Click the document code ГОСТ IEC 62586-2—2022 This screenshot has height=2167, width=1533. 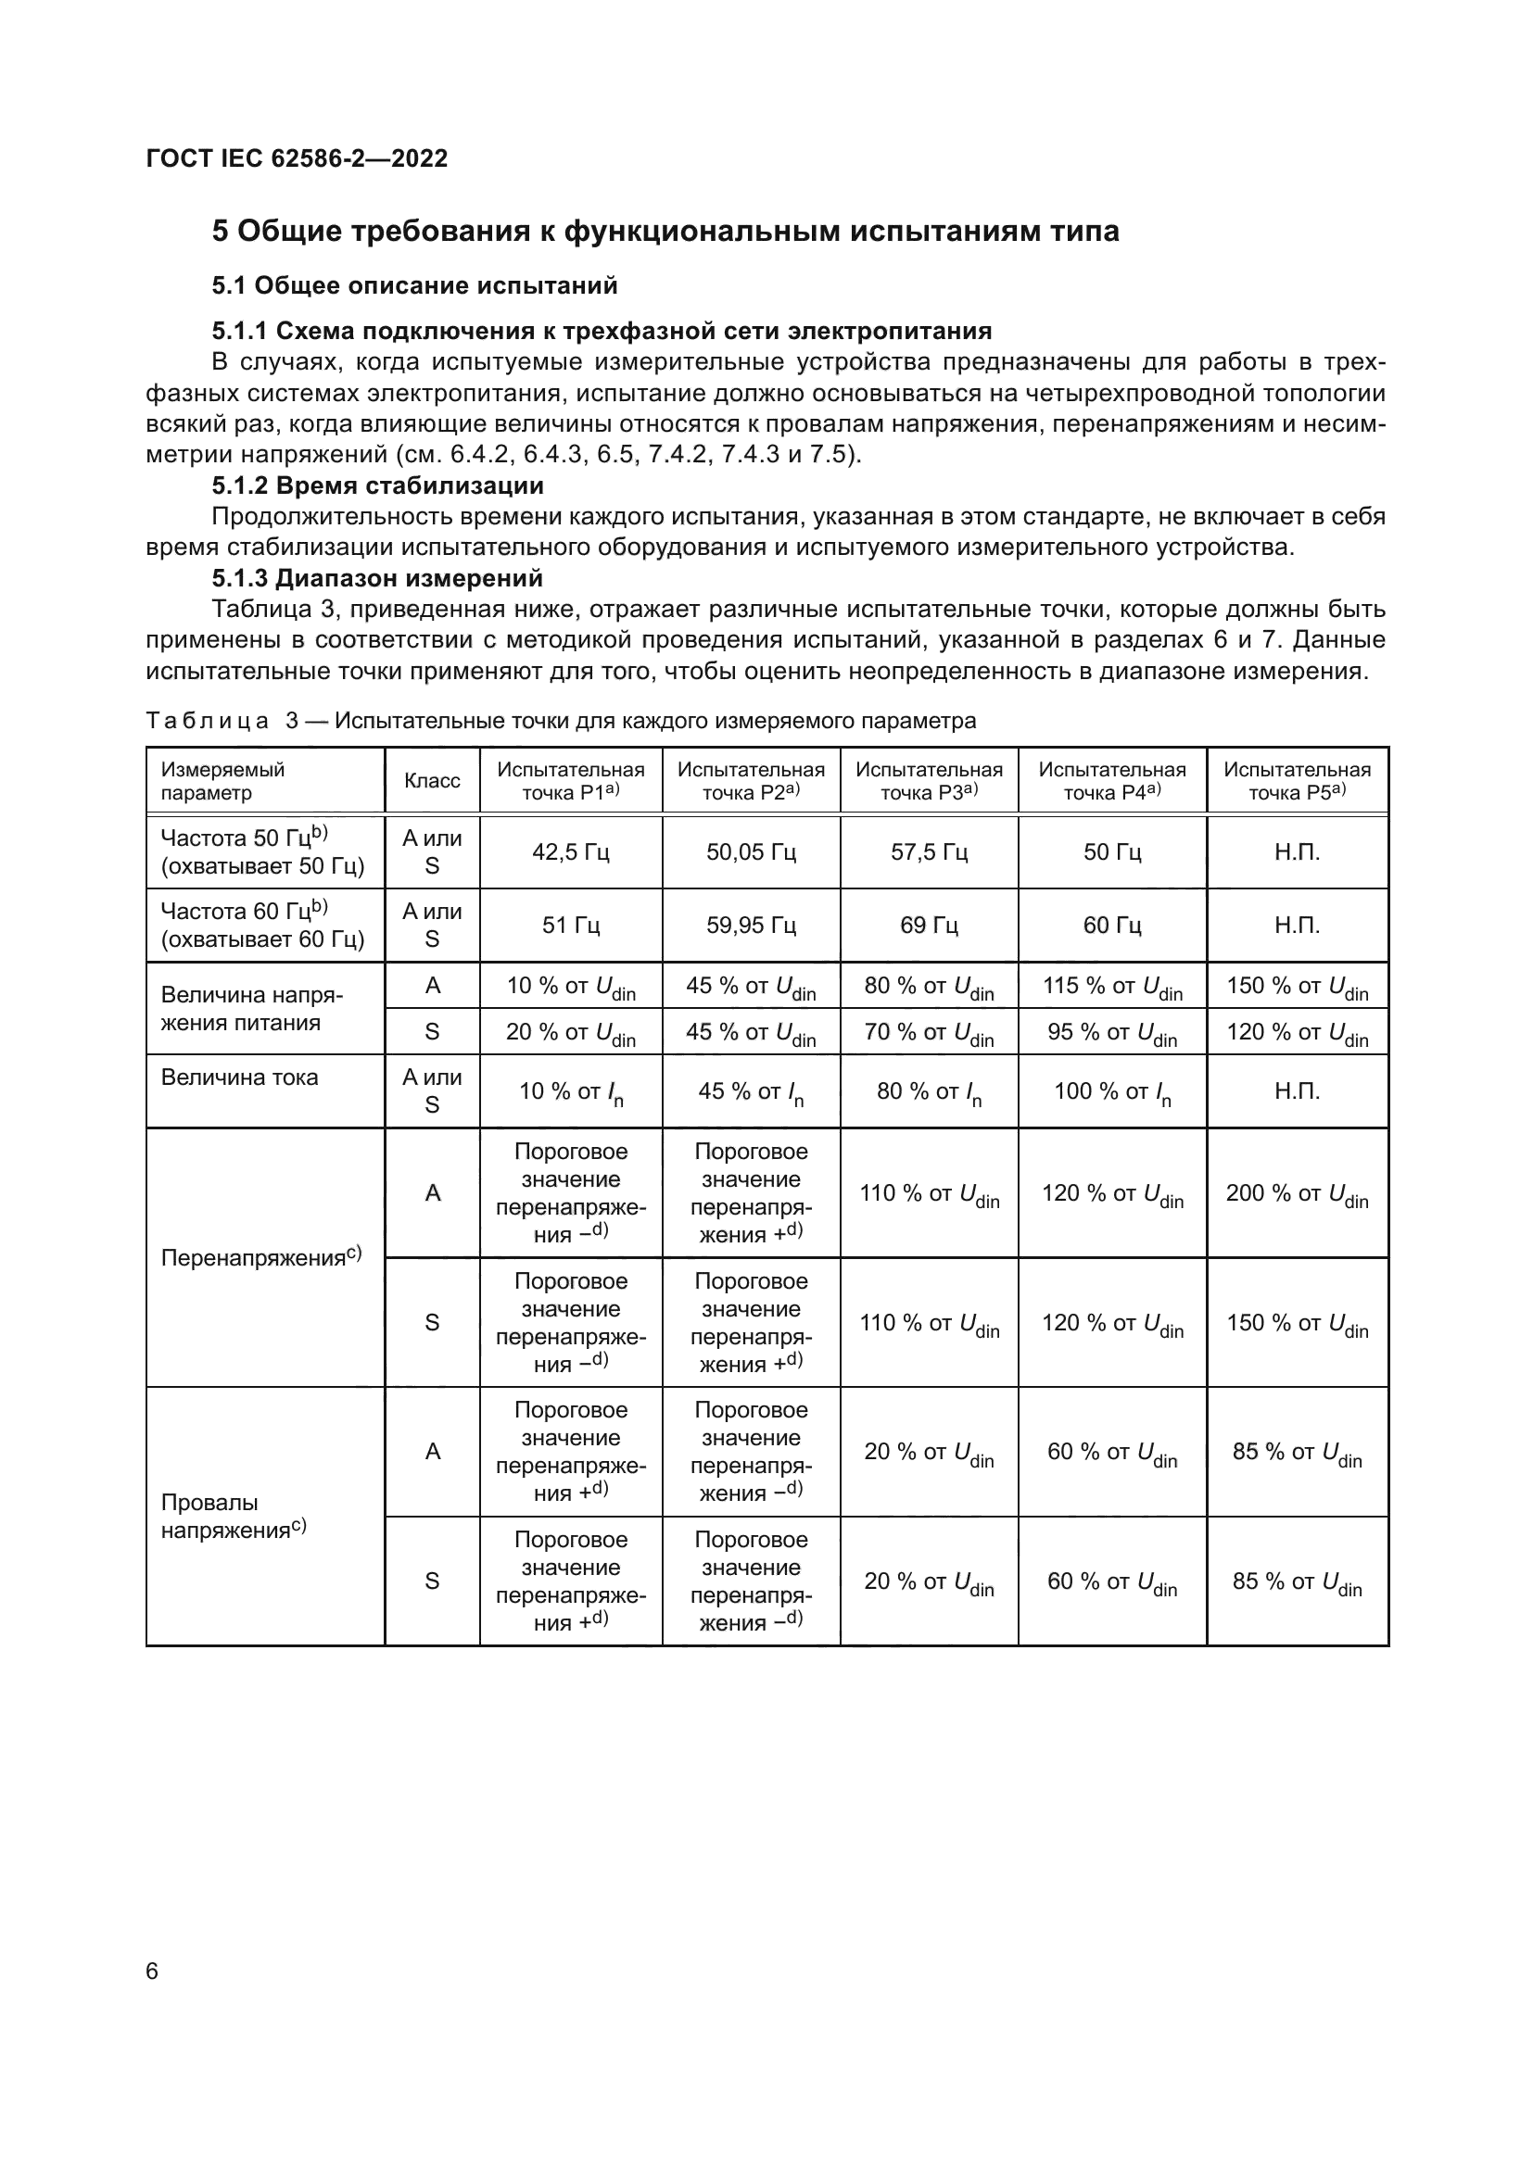click(x=297, y=158)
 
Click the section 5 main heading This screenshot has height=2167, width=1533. click(x=665, y=232)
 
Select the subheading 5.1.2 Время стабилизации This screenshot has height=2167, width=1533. click(x=377, y=486)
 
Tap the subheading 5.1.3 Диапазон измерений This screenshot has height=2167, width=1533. click(x=376, y=577)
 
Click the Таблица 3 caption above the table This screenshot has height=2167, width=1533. click(x=561, y=721)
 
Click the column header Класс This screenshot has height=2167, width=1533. click(x=431, y=780)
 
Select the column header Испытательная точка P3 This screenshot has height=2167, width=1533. click(x=929, y=780)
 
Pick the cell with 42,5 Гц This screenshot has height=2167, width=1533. click(x=570, y=852)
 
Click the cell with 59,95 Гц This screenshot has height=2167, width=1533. click(x=751, y=925)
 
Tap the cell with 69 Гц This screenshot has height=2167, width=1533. click(x=929, y=925)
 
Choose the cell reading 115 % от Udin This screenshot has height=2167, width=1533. click(x=1112, y=987)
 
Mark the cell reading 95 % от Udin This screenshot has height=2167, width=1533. click(x=1112, y=1032)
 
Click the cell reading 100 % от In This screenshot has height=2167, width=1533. click(x=1112, y=1092)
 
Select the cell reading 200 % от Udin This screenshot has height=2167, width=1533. click(x=1297, y=1194)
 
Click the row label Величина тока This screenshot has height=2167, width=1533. click(x=240, y=1077)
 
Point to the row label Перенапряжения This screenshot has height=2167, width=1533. click(x=260, y=1257)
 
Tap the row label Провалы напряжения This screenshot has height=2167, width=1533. click(x=233, y=1516)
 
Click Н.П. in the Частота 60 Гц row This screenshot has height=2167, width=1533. click(x=1297, y=925)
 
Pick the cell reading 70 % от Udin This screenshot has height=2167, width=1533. click(x=929, y=1032)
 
